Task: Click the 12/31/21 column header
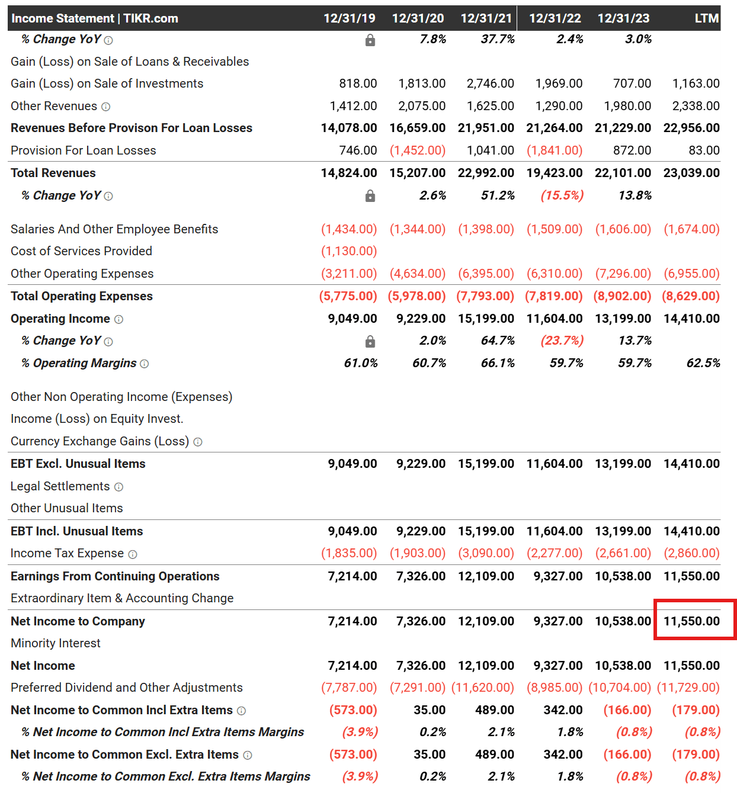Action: point(486,18)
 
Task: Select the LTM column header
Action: point(706,18)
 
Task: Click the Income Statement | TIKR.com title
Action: point(95,18)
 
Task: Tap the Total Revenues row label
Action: point(53,173)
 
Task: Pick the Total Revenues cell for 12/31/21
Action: point(486,173)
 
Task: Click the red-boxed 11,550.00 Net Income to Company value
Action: point(691,621)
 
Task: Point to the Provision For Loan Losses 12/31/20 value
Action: point(417,150)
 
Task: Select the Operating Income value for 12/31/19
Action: point(353,319)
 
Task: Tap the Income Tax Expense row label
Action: point(67,553)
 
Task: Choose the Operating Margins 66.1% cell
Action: point(498,363)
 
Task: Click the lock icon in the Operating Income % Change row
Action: point(370,341)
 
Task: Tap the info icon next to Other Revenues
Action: point(106,107)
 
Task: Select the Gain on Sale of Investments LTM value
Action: point(696,84)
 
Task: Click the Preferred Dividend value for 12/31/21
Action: point(482,688)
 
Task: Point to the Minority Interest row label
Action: point(56,643)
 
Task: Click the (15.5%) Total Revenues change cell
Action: point(562,195)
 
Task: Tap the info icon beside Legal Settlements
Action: point(118,487)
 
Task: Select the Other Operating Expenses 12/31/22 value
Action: point(555,274)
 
